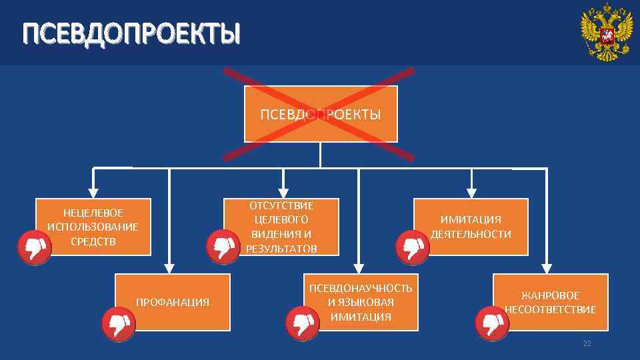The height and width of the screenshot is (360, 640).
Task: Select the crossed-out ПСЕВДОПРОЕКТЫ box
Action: tap(321, 114)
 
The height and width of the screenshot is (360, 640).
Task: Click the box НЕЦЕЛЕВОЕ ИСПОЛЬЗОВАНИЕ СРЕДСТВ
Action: tap(93, 227)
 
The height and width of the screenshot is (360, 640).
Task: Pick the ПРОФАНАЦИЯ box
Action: tap(172, 302)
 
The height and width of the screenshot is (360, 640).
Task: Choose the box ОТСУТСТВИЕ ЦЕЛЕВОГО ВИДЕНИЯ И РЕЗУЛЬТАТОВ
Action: tap(281, 227)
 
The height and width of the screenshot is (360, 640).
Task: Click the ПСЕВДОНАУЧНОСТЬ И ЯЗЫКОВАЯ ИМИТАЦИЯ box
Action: tap(361, 302)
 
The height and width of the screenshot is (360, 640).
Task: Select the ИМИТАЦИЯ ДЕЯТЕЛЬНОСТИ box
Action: tap(471, 227)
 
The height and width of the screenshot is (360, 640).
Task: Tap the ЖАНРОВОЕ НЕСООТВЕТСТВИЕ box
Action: tap(551, 302)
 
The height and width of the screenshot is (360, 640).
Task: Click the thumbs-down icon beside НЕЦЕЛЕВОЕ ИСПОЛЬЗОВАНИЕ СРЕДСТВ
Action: tap(34, 248)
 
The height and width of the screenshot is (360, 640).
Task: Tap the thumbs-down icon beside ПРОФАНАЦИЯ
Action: tap(119, 325)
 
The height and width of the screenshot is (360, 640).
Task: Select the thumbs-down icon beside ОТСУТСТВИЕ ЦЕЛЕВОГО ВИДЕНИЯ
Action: tap(222, 248)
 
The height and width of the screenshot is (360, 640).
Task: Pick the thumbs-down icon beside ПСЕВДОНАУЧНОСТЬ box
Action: tap(303, 325)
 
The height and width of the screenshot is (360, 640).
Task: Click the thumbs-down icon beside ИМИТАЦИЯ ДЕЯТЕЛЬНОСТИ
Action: tap(411, 248)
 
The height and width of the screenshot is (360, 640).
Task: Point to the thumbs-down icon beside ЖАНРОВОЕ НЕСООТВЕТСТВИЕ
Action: tap(492, 325)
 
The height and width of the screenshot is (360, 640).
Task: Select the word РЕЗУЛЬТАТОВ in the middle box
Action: tap(281, 249)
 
